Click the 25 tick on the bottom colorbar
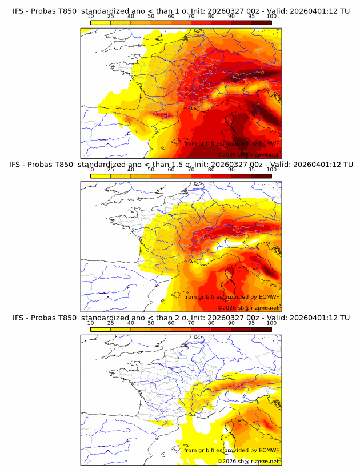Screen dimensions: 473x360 pyautogui.click(x=110, y=323)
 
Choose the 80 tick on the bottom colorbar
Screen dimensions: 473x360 pyautogui.click(x=211, y=323)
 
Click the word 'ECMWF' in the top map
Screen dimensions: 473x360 pyautogui.click(x=269, y=143)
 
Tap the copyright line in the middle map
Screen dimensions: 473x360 pyautogui.click(x=248, y=308)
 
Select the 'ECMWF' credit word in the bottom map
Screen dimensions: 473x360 pyautogui.click(x=269, y=450)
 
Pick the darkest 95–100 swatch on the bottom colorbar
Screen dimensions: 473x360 pyautogui.click(x=261, y=330)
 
